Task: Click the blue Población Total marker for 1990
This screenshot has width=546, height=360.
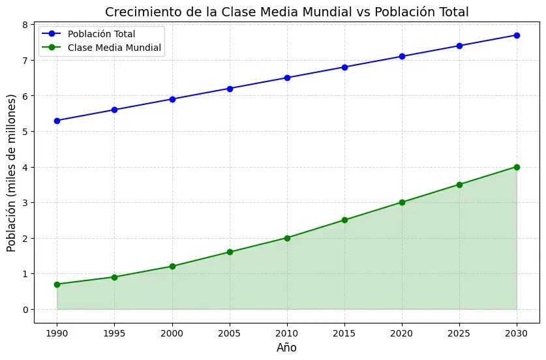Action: click(57, 121)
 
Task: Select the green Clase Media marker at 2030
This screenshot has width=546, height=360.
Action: click(517, 167)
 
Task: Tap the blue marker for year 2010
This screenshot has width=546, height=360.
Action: click(287, 78)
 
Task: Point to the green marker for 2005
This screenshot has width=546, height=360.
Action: click(230, 252)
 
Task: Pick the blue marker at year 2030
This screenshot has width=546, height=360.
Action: click(517, 35)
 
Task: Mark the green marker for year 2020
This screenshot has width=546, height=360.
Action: click(402, 202)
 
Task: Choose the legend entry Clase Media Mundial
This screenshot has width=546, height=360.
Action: click(114, 48)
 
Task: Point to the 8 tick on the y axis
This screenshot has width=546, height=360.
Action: click(25, 25)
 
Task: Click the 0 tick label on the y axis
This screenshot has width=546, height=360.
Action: click(25, 309)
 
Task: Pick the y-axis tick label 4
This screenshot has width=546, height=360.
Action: click(25, 167)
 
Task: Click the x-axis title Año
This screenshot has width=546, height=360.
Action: click(286, 348)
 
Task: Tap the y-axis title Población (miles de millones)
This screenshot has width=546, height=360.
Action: click(11, 173)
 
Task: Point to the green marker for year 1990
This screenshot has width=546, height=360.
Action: click(57, 284)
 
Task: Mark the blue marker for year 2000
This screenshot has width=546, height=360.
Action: click(172, 99)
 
